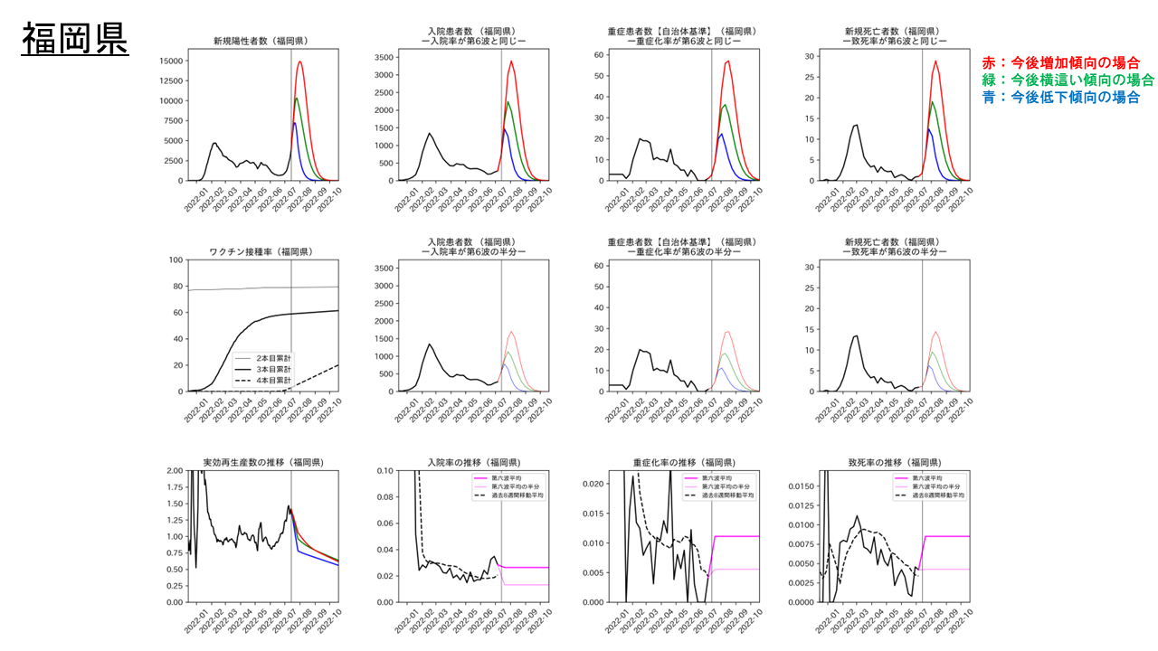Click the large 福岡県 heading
[x=74, y=40]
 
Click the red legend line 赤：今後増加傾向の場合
[x=1060, y=63]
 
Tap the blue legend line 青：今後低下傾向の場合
[x=1060, y=98]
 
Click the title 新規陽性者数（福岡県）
[x=260, y=41]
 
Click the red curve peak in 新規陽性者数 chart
[x=299, y=62]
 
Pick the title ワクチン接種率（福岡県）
[x=260, y=251]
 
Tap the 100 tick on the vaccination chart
[x=173, y=260]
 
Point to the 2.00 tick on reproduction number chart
[x=170, y=471]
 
